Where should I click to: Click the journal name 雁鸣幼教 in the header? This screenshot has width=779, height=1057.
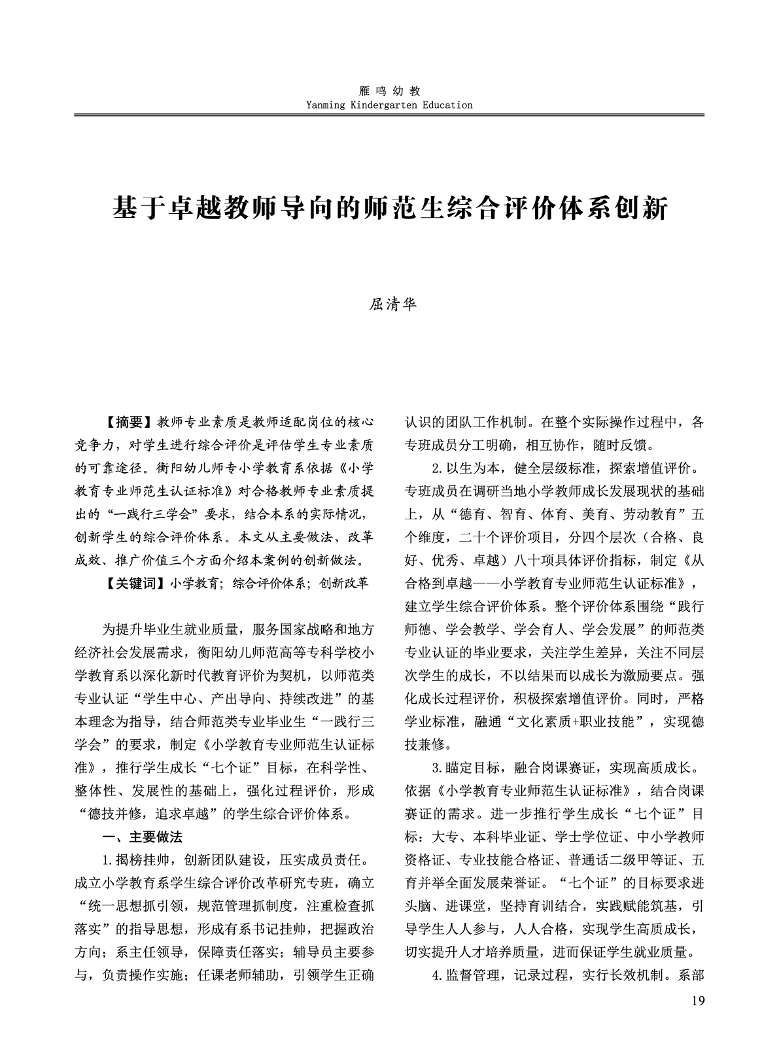click(389, 92)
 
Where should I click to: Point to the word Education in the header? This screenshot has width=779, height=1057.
click(447, 105)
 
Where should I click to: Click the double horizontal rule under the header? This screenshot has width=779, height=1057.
click(389, 115)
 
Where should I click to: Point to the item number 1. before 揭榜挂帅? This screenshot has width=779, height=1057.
click(108, 859)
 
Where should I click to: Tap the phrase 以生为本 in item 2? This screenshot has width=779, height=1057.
click(474, 468)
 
